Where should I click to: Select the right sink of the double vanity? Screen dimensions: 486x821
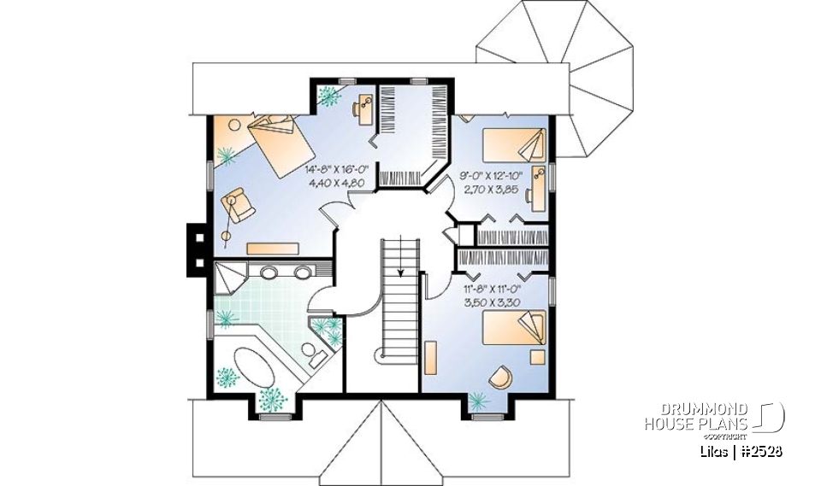click(x=302, y=273)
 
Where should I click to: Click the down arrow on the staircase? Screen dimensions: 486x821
click(x=400, y=272)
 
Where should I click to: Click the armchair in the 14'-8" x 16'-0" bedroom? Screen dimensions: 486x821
click(x=235, y=206)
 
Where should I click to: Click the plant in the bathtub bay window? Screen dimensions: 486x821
click(x=274, y=397)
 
